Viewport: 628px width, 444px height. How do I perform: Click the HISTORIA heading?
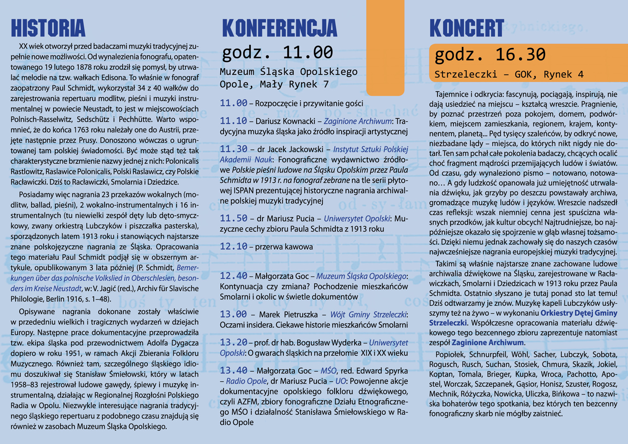[x=48, y=28]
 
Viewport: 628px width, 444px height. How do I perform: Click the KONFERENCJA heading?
[x=279, y=28]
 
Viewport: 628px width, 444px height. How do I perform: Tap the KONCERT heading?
[x=466, y=28]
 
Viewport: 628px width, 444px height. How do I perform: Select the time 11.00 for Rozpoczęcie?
[x=234, y=103]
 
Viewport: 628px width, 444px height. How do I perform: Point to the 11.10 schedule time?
[x=234, y=121]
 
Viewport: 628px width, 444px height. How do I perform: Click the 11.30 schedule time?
[x=234, y=149]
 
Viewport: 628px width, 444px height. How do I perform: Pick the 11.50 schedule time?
[x=234, y=219]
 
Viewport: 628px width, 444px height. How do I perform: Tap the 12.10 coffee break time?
[x=234, y=247]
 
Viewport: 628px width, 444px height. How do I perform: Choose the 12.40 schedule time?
[x=234, y=276]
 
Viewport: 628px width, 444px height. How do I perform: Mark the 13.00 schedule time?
[x=234, y=315]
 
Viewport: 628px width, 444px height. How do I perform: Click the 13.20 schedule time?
[x=234, y=343]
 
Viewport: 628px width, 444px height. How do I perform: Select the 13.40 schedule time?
[x=234, y=371]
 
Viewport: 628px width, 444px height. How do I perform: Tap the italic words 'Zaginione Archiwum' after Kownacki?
[x=358, y=121]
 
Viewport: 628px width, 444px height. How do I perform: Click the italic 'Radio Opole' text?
[x=246, y=381]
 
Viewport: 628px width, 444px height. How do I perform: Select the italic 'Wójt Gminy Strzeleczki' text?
[x=368, y=315]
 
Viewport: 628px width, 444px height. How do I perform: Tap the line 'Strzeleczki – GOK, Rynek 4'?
[x=509, y=75]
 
